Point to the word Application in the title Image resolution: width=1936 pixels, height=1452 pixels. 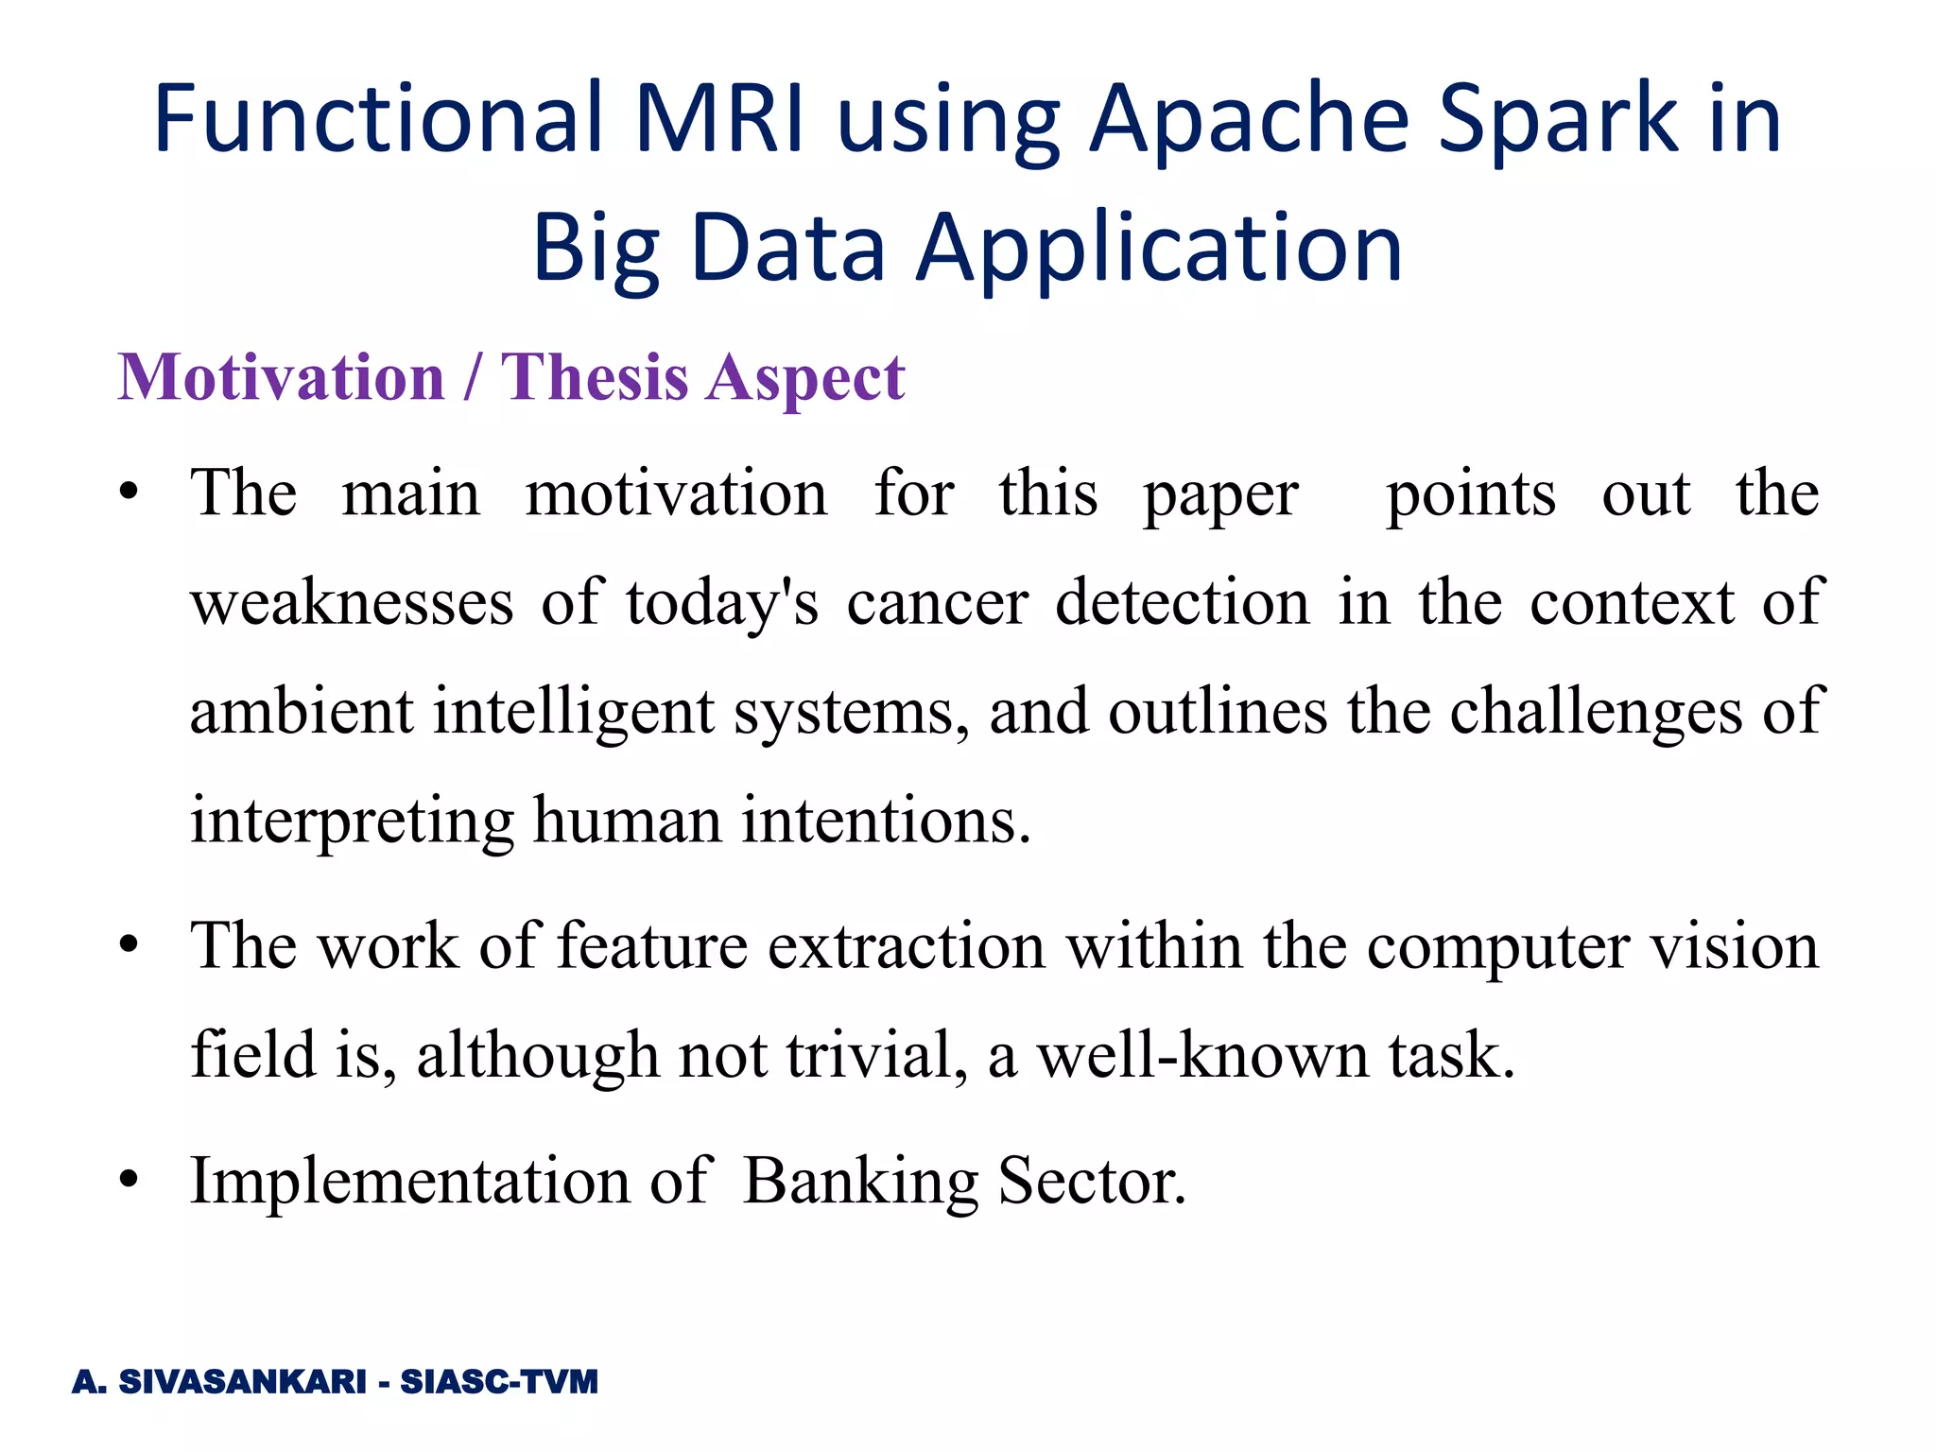tap(1160, 248)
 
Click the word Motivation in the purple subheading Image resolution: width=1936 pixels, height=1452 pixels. tap(281, 377)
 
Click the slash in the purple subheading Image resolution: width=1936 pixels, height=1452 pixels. tap(471, 377)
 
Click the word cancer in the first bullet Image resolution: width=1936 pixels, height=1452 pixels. tap(937, 602)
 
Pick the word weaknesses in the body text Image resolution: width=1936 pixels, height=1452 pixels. tap(352, 602)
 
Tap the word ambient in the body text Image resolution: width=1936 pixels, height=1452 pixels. tap(301, 711)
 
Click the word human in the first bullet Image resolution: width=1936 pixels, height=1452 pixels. tap(627, 819)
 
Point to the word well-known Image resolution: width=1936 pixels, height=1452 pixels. tap(1202, 1055)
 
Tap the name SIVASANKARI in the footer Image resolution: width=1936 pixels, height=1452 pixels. tap(242, 1382)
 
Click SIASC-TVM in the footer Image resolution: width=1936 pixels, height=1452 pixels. tap(499, 1382)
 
